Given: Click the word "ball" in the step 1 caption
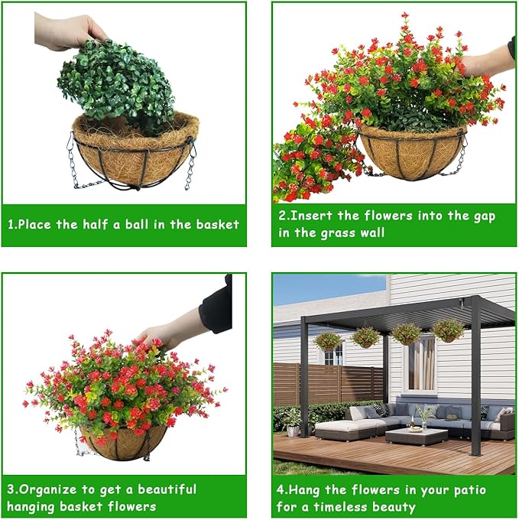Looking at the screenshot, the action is point(137,225).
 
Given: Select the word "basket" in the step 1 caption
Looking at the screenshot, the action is point(217,225).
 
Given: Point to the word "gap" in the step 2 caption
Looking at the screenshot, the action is point(484,216).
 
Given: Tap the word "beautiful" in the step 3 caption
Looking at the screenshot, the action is point(167,489).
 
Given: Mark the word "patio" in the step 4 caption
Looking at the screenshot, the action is point(470,490).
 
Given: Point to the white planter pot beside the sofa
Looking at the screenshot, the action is point(293,431).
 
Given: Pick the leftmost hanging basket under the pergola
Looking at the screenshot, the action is point(327,341).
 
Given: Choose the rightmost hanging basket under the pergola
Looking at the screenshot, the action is point(449,330).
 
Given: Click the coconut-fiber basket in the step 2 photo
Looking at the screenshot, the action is point(412,152).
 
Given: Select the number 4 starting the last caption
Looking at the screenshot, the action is point(280,490).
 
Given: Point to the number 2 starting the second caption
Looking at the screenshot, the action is point(282,216).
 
